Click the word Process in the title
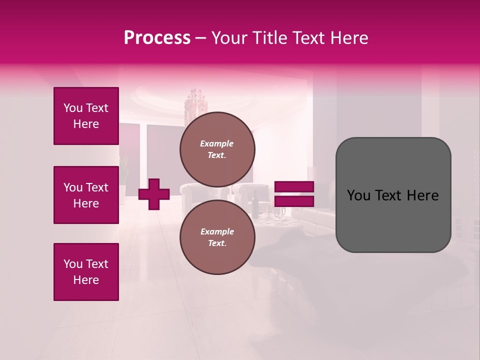157,38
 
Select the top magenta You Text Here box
86,116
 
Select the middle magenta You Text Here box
86,195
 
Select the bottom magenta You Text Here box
86,272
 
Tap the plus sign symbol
154,194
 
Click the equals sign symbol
294,194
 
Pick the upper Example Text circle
217,149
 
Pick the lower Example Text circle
217,237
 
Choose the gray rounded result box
393,195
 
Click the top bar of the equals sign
294,187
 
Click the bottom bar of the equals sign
294,201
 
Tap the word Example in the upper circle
216,143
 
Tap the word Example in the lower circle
217,231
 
